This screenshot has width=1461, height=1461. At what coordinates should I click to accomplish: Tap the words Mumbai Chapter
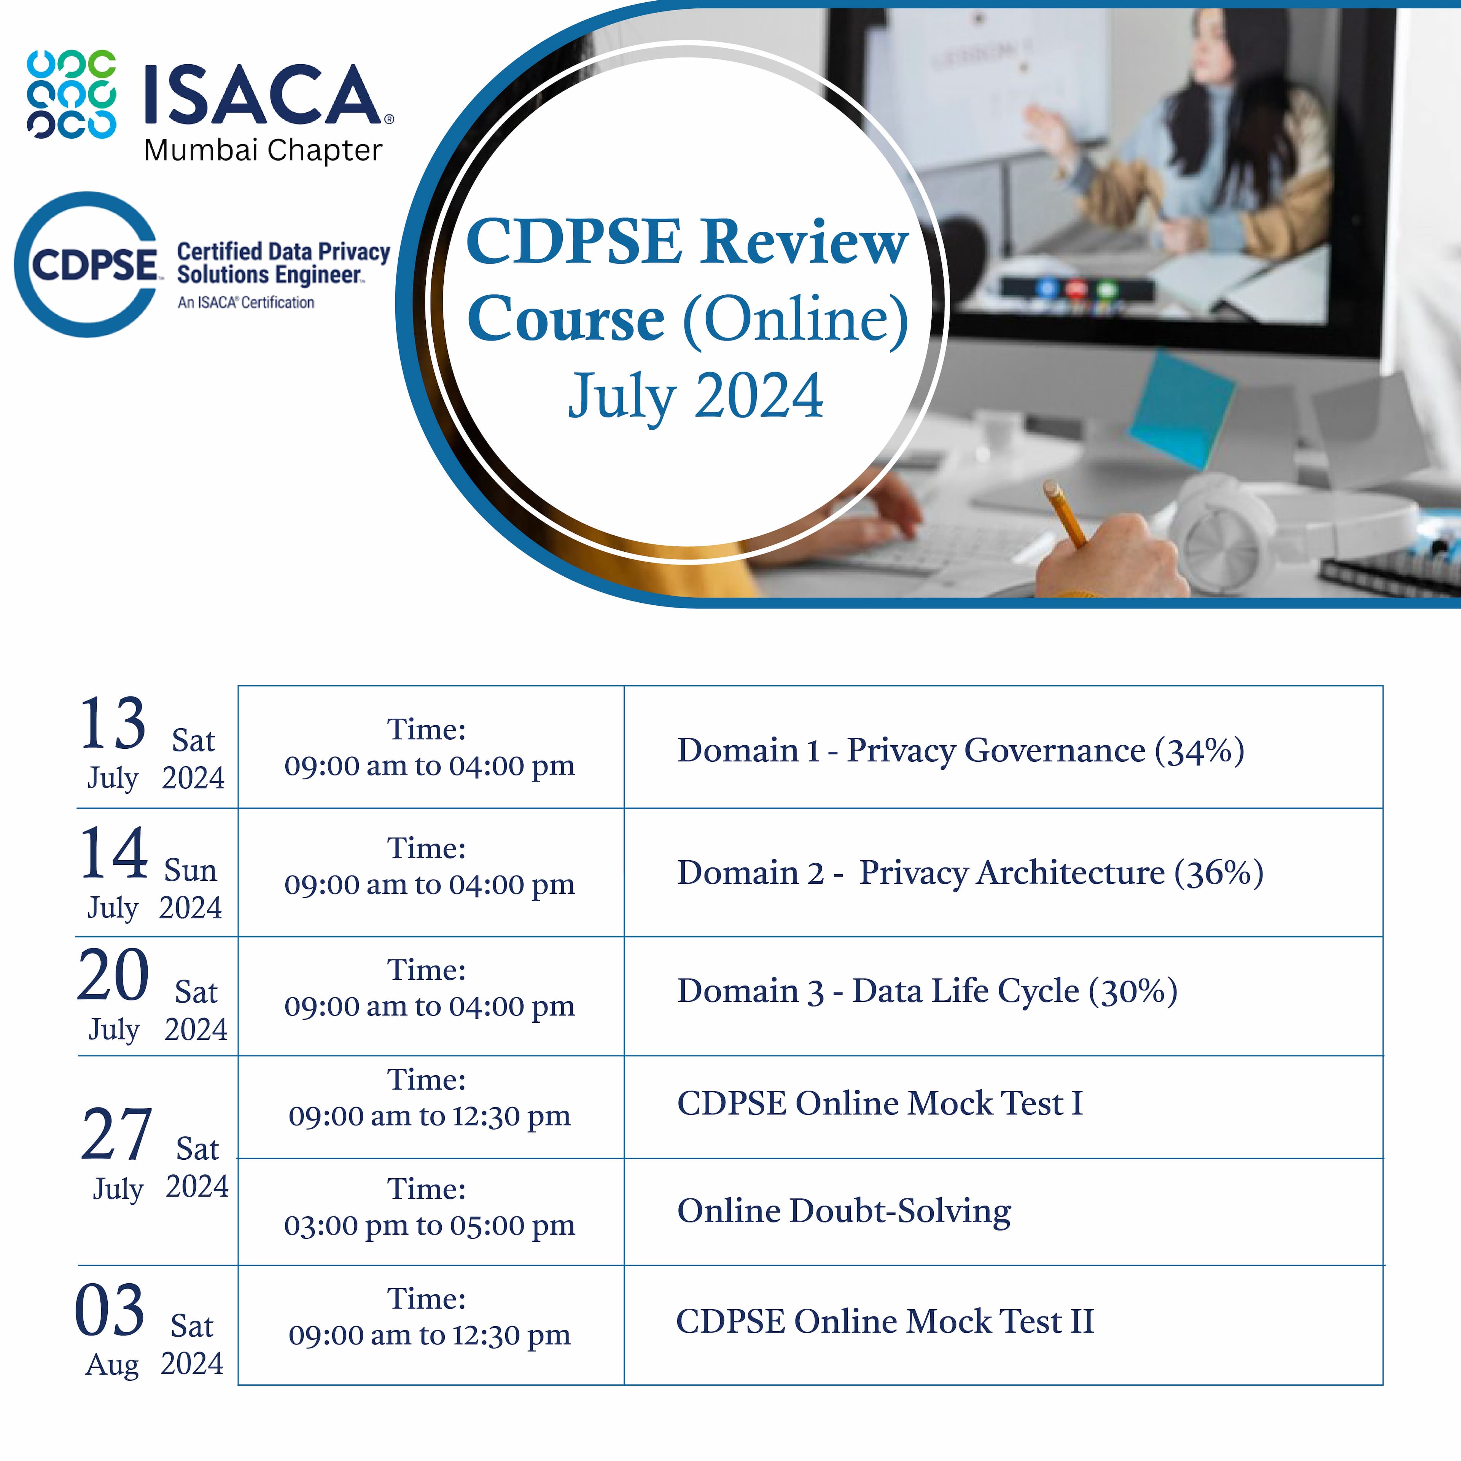263,151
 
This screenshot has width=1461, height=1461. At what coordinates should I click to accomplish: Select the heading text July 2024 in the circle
696,396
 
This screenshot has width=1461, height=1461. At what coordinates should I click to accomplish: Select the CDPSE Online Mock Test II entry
885,1321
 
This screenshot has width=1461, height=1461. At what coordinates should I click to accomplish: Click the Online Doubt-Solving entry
844,1211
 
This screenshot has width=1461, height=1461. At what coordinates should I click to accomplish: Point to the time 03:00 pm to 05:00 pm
430,1225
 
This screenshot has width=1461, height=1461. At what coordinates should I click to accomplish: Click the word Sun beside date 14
191,871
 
